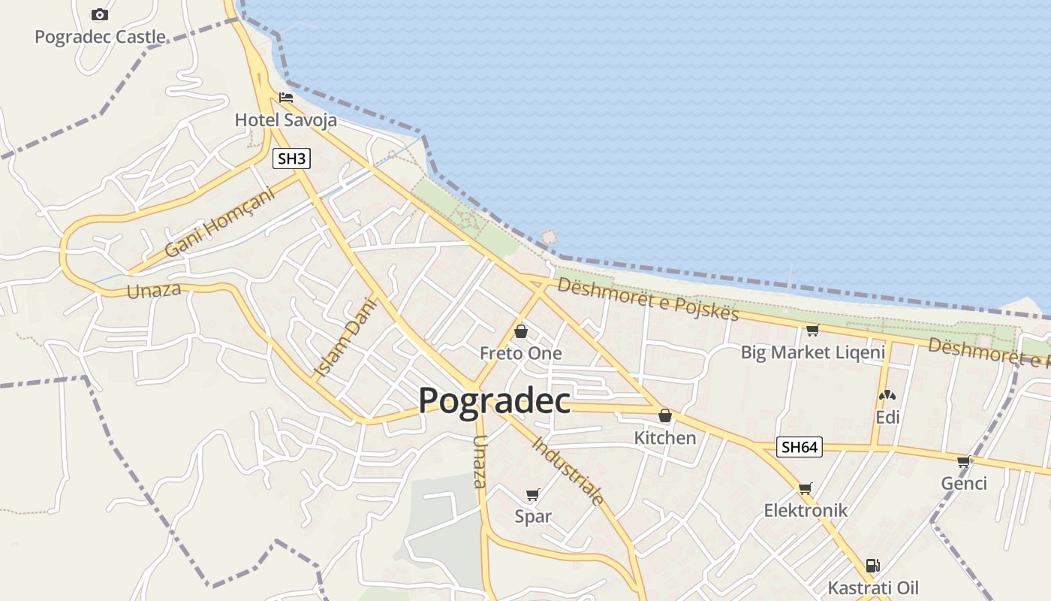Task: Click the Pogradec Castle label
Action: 100,37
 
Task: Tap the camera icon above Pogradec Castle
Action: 99,15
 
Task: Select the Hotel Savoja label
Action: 285,119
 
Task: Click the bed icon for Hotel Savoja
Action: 285,98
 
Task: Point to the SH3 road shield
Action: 291,159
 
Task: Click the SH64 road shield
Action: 799,447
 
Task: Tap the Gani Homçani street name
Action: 219,222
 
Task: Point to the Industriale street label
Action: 568,470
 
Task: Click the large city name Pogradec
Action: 494,400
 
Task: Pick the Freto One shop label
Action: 520,353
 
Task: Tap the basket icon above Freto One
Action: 520,331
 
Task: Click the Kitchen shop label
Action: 664,437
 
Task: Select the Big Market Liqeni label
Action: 813,352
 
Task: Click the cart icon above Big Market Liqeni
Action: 812,330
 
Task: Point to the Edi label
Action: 887,417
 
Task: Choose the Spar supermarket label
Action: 533,516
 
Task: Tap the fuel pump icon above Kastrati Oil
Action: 872,566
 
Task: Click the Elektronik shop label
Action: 806,510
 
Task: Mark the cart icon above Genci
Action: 964,461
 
